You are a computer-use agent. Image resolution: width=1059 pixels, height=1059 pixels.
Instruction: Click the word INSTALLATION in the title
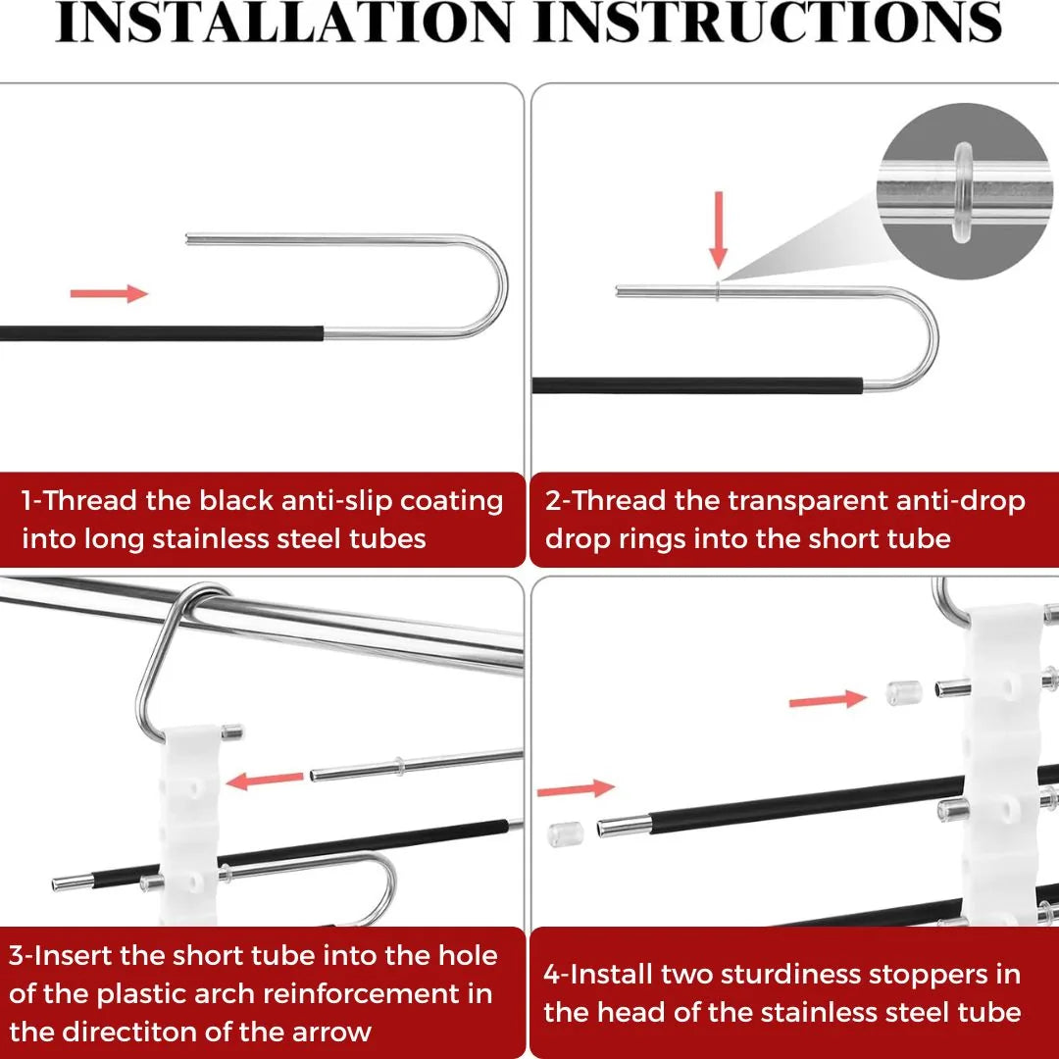pos(283,22)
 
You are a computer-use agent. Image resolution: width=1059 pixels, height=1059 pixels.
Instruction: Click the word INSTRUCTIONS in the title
pos(768,22)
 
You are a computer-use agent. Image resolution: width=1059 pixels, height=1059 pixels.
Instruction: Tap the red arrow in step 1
pos(109,293)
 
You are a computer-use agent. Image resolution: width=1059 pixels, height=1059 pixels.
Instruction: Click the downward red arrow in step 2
pos(719,230)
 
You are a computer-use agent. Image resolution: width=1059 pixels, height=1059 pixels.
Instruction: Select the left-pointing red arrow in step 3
pos(264,781)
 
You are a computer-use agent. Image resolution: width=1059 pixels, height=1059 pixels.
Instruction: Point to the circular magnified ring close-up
pos(966,191)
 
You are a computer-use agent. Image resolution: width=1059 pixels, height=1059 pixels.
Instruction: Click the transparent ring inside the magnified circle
pos(964,192)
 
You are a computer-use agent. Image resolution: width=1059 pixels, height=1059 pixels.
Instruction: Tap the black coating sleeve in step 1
pos(162,333)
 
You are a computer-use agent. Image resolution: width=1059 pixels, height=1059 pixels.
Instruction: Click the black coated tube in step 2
pos(698,385)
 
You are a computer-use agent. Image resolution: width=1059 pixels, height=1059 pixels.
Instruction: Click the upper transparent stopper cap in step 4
pos(904,693)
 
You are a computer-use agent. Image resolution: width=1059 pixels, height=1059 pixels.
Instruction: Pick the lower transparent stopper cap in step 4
pos(566,834)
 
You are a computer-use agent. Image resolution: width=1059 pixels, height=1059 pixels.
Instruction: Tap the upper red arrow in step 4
pos(828,700)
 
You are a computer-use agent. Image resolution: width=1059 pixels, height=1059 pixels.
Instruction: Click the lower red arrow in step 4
pos(577,788)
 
